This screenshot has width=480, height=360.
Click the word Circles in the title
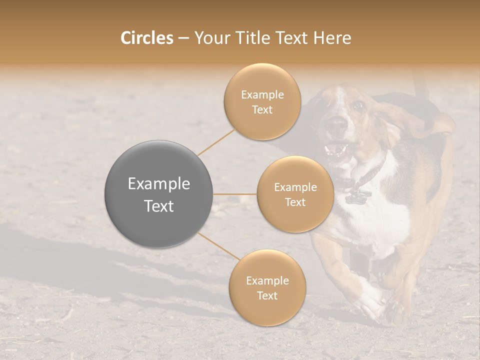[146, 38]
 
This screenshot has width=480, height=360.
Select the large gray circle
[158, 194]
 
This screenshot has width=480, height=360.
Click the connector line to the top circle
[216, 142]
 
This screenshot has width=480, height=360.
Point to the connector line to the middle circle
[235, 194]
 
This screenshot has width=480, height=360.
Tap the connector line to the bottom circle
[219, 246]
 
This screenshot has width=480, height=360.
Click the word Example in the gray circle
[158, 183]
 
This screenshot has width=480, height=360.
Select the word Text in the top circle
[262, 110]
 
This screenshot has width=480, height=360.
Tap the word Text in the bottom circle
[267, 295]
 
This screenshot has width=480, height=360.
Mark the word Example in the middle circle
[295, 187]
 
